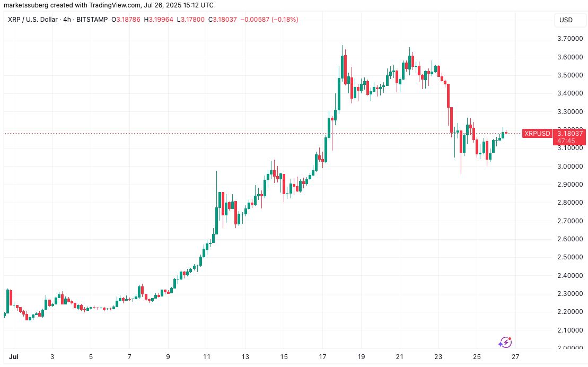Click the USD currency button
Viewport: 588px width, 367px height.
(566, 20)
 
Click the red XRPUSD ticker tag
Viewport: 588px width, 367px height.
(537, 134)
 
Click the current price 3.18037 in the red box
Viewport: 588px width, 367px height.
(569, 134)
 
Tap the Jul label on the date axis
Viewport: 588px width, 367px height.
(11, 356)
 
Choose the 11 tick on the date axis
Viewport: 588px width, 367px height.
(207, 356)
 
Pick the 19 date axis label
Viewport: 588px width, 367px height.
(361, 356)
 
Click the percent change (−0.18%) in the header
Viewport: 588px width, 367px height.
(284, 20)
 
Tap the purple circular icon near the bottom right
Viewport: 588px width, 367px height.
(505, 342)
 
